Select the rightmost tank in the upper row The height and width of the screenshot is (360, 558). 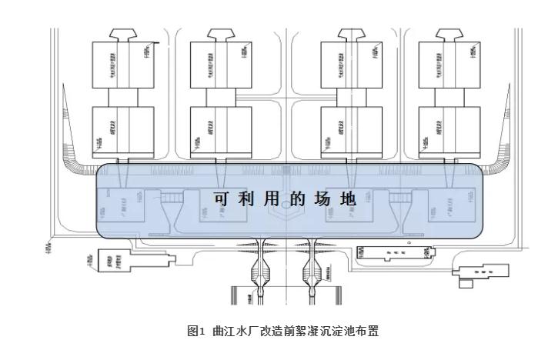click(x=446, y=65)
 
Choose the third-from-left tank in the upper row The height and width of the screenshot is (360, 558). click(x=349, y=65)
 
